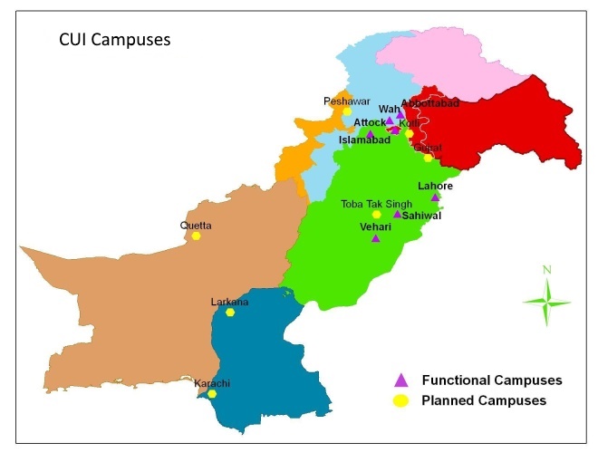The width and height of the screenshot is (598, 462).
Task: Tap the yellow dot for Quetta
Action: coord(196,236)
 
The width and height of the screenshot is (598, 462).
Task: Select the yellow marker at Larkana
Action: coord(230,312)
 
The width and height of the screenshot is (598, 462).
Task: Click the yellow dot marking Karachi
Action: coord(212,394)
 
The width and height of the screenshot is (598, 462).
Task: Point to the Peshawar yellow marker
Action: coord(346,111)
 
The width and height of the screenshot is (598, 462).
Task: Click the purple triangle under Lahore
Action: coord(435,197)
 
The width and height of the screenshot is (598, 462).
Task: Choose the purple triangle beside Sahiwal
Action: coord(397,215)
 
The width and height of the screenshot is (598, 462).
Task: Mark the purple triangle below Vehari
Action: coord(375,238)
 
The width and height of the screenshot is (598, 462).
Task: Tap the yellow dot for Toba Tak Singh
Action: coord(377,215)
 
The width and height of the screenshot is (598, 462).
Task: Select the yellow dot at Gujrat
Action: coord(428,158)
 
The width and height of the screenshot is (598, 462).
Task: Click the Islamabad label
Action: coord(364,140)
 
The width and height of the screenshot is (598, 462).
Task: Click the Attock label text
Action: coord(370,122)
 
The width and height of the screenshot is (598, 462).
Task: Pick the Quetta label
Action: coord(195,226)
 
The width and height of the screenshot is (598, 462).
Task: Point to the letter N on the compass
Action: coord(546,269)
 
